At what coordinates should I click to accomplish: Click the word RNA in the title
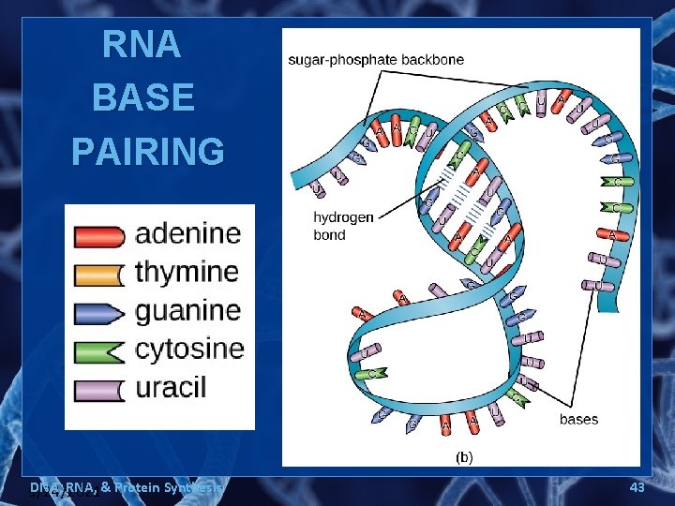(x=142, y=45)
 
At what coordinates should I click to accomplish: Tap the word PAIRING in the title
(x=148, y=150)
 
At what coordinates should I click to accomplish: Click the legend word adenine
(x=187, y=234)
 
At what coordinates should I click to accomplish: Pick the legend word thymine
(x=187, y=273)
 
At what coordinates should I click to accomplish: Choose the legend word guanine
(x=187, y=311)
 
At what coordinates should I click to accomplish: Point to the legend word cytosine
(x=189, y=350)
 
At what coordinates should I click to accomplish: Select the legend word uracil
(x=171, y=388)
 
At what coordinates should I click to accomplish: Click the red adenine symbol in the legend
(x=98, y=236)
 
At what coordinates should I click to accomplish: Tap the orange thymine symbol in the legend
(x=98, y=275)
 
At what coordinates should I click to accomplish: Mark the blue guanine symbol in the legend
(x=98, y=313)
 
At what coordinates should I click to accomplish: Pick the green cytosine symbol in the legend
(x=98, y=351)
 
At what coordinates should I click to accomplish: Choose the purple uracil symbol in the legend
(x=98, y=390)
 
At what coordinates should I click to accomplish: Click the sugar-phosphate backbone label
(x=376, y=60)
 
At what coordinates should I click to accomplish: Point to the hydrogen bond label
(x=343, y=226)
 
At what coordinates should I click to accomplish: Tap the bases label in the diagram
(x=578, y=419)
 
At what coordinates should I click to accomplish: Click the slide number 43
(x=638, y=487)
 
